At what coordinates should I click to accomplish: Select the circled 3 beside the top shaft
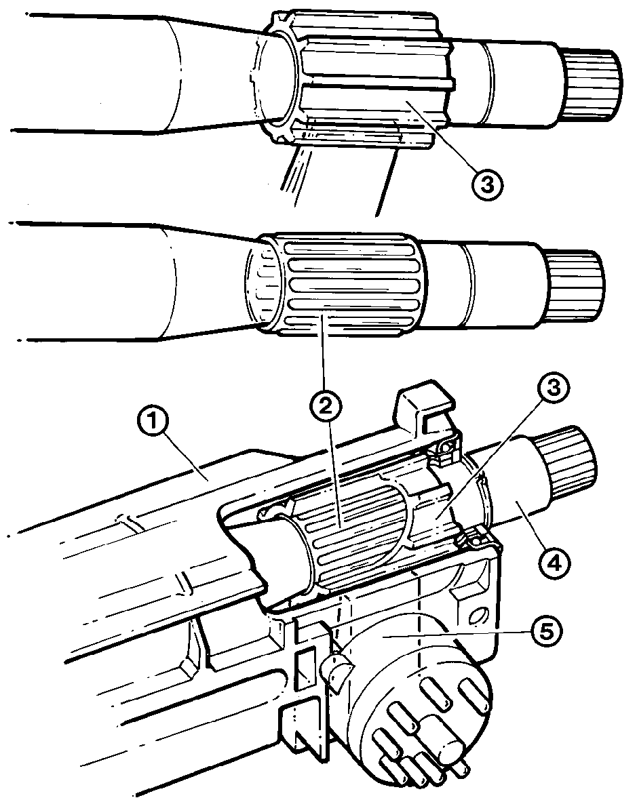point(487,184)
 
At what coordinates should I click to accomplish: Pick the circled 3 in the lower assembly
point(554,388)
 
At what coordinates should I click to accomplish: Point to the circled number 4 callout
point(554,562)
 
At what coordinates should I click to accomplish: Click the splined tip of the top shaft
point(592,85)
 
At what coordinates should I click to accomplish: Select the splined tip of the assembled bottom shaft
point(566,454)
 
